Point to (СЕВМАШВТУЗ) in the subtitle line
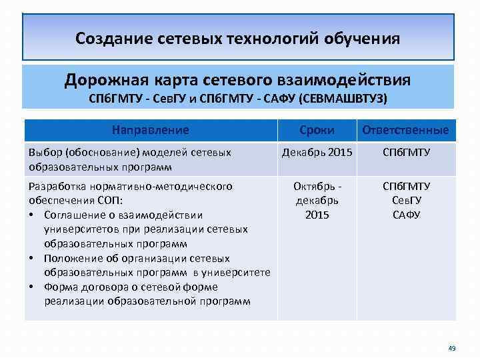pyautogui.click(x=343, y=99)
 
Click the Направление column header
pyautogui.click(x=150, y=130)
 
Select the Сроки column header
pyautogui.click(x=317, y=130)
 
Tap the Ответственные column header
pyautogui.click(x=405, y=130)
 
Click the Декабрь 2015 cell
pyautogui.click(x=317, y=153)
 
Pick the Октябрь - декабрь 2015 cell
pyautogui.click(x=317, y=201)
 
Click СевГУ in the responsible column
pyautogui.click(x=406, y=201)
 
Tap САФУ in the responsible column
pyautogui.click(x=406, y=215)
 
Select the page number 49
pyautogui.click(x=451, y=348)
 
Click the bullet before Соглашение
pyautogui.click(x=32, y=215)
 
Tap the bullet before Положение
pyautogui.click(x=32, y=258)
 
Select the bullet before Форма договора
pyautogui.click(x=32, y=287)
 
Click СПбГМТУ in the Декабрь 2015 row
pyautogui.click(x=406, y=153)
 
